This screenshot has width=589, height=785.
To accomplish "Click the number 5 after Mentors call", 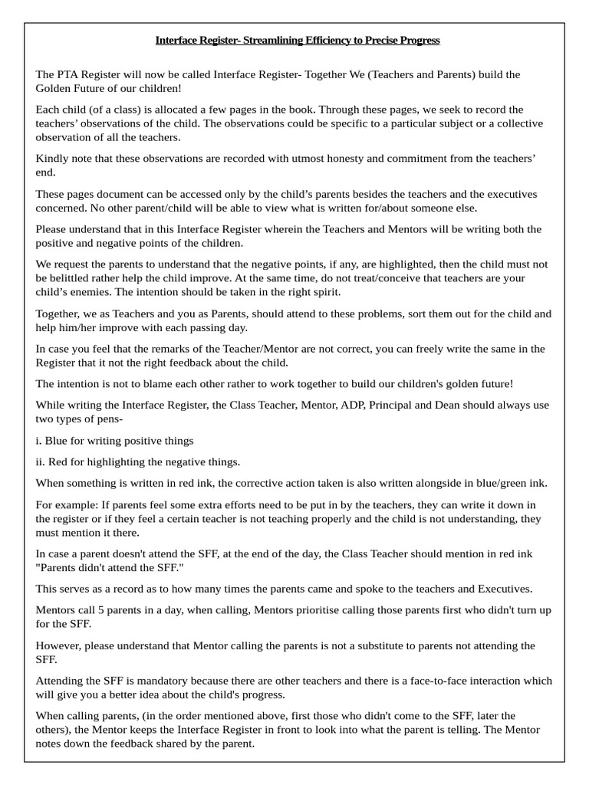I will coord(109,610).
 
